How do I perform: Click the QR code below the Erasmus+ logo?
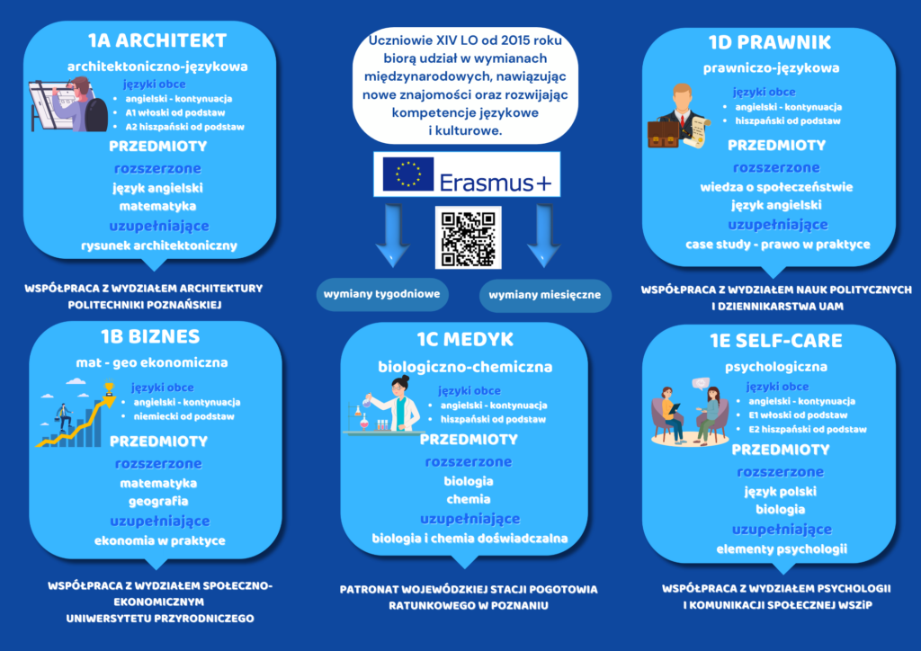pyautogui.click(x=466, y=238)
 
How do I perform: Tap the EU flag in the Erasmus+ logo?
pyautogui.click(x=408, y=174)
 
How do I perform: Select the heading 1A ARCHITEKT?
pyautogui.click(x=157, y=40)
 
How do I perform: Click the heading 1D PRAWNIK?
pyautogui.click(x=770, y=42)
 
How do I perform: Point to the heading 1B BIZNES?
pyautogui.click(x=150, y=336)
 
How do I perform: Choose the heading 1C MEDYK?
pyautogui.click(x=465, y=339)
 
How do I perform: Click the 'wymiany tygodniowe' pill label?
pyautogui.click(x=381, y=294)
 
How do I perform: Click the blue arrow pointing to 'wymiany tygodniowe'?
pyautogui.click(x=396, y=234)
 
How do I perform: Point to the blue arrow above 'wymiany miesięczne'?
pyautogui.click(x=543, y=234)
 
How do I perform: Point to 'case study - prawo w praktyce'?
pyautogui.click(x=777, y=244)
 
